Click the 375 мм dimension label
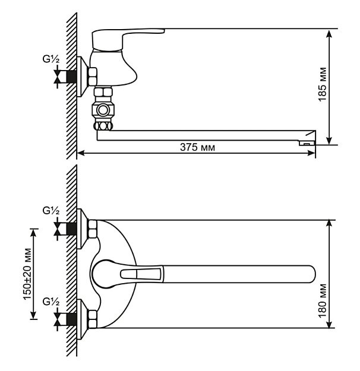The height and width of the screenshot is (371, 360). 198,147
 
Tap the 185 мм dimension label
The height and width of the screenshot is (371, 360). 323,84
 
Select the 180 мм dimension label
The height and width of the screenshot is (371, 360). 323,301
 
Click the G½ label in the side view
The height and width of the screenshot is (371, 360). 51,59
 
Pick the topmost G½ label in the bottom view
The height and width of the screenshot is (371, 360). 51,211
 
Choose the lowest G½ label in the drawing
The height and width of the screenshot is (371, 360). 51,302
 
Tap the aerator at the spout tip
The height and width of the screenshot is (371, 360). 307,143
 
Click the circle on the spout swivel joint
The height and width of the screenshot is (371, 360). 103,110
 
